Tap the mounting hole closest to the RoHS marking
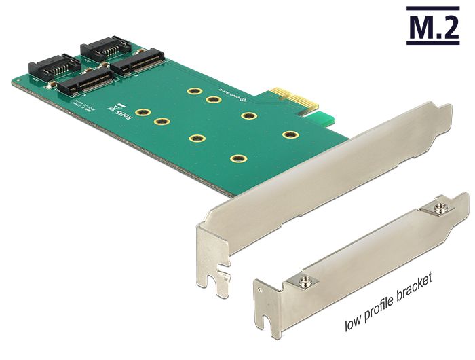(x=142, y=113)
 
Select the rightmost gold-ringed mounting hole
(x=290, y=134)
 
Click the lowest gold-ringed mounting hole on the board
(x=237, y=159)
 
